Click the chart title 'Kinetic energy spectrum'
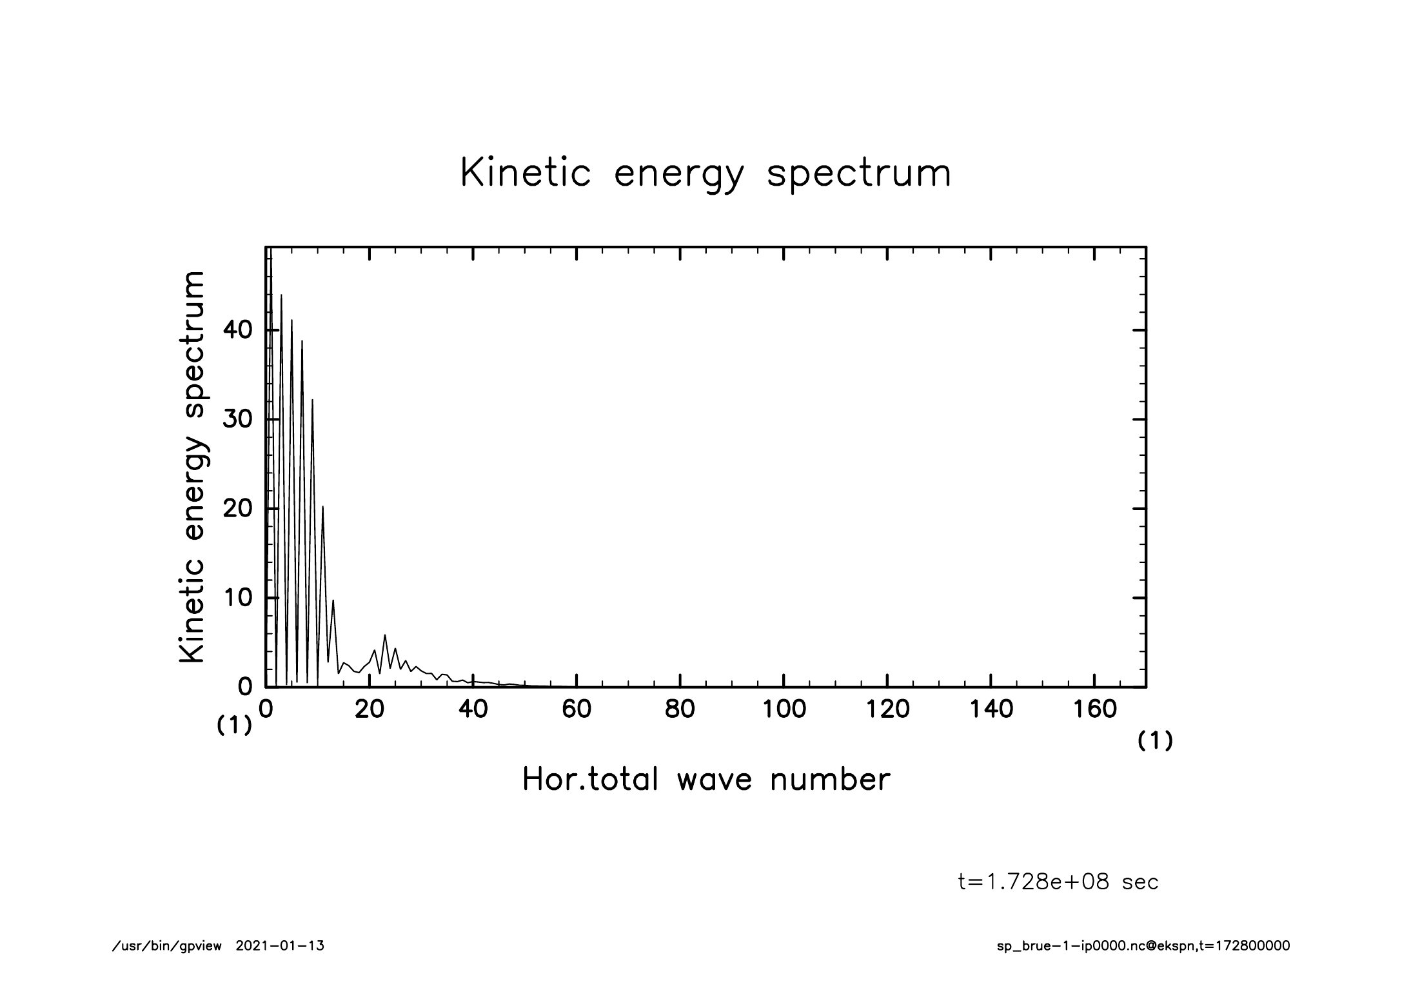[705, 173]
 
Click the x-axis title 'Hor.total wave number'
[705, 779]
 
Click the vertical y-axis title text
[192, 467]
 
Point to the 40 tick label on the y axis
[237, 330]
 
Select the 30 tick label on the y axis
[237, 420]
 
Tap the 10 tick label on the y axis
[237, 598]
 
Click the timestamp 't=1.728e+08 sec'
[1058, 882]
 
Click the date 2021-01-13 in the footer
[280, 946]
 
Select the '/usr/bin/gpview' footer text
[166, 946]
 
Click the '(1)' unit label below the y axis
[233, 726]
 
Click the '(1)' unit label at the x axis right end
[1155, 742]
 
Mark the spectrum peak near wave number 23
[385, 635]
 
